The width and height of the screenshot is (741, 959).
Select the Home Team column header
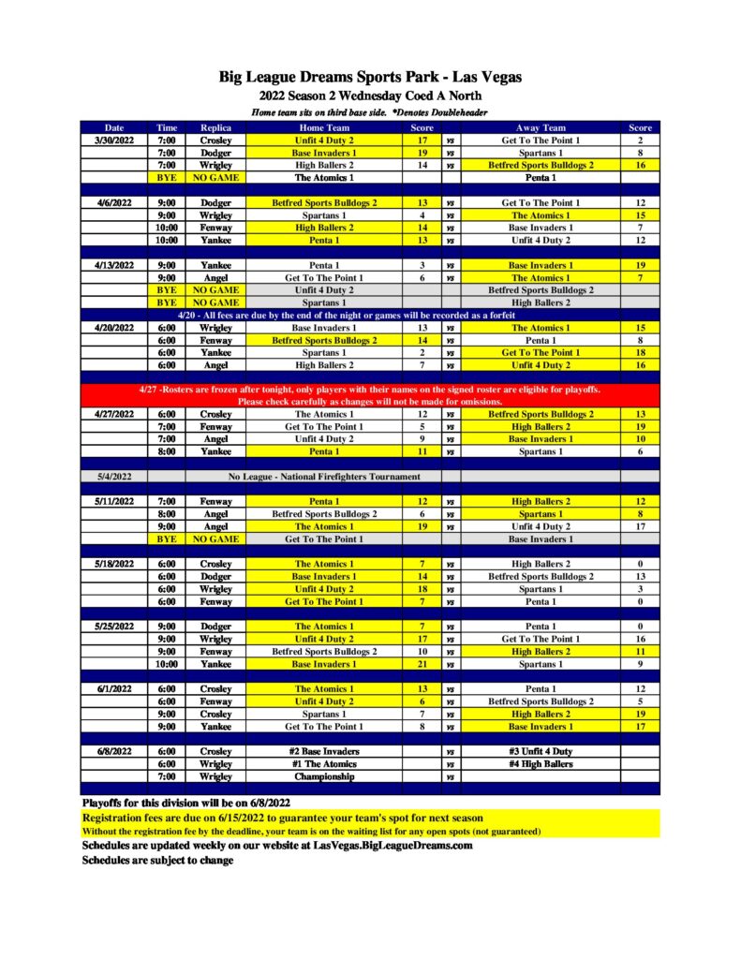pyautogui.click(x=324, y=127)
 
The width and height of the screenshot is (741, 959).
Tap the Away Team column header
pyautogui.click(x=541, y=127)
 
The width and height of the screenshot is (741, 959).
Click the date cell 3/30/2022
pyautogui.click(x=114, y=140)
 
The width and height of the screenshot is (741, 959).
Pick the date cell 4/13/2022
pyautogui.click(x=114, y=265)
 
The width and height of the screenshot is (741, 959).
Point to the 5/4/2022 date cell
pyautogui.click(x=114, y=477)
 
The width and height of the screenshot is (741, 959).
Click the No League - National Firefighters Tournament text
pyautogui.click(x=324, y=477)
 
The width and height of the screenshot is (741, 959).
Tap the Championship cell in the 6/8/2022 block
pyautogui.click(x=324, y=776)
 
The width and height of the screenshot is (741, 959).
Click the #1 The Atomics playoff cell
pyautogui.click(x=324, y=764)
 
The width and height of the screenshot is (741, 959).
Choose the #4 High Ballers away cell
pyautogui.click(x=541, y=764)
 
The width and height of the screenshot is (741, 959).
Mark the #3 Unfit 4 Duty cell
pyautogui.click(x=541, y=751)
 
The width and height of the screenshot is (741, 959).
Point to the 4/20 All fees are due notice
pyautogui.click(x=370, y=316)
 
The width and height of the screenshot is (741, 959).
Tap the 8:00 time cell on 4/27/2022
pyautogui.click(x=167, y=451)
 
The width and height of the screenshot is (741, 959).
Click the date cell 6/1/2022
pyautogui.click(x=114, y=689)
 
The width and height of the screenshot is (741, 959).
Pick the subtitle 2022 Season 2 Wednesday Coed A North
pyautogui.click(x=370, y=96)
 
